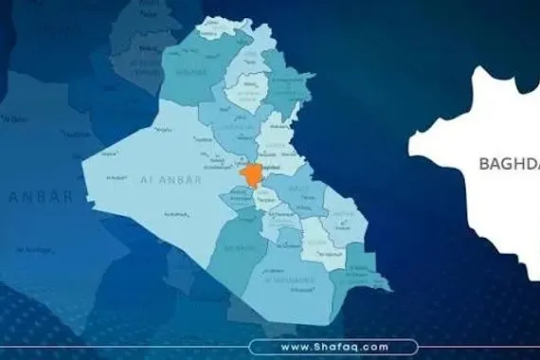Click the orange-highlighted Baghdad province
[x=251, y=175]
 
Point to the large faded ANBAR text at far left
[x=41, y=196]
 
